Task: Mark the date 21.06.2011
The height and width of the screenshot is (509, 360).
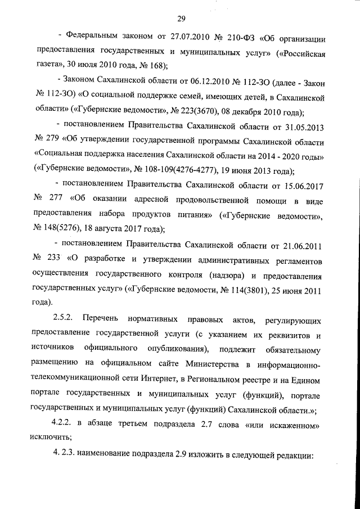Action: (x=301, y=245)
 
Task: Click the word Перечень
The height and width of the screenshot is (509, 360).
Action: (x=111, y=321)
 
